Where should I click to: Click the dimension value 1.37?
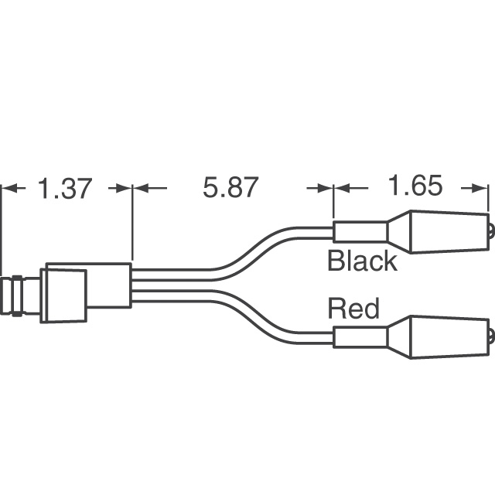coord(65,188)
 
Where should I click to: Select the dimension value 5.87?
coord(230,188)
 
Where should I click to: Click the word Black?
coord(362,261)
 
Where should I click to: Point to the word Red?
coord(353,309)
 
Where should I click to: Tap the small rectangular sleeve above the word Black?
coord(360,231)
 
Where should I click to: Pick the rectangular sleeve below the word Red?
coord(360,338)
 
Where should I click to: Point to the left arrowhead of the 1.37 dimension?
coord(9,188)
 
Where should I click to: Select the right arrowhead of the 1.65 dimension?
coord(480,188)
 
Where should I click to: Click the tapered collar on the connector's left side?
coord(64,295)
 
